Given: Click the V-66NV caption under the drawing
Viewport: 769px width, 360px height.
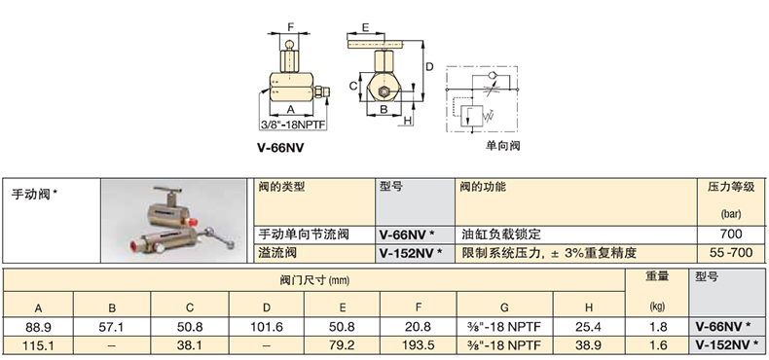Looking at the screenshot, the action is (x=280, y=147).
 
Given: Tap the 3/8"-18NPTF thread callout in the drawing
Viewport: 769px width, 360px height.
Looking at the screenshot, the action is (x=293, y=125).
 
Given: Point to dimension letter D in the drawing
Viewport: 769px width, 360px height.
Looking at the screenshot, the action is (x=429, y=66).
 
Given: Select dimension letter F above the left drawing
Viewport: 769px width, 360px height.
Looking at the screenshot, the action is (x=290, y=26).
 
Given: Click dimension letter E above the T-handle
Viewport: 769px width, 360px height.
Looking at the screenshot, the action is (x=365, y=27).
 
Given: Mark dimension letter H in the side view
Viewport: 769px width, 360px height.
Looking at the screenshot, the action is (x=408, y=121).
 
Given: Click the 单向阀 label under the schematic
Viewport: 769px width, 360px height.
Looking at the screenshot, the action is (x=502, y=145).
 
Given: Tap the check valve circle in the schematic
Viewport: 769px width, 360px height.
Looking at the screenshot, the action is (x=492, y=76).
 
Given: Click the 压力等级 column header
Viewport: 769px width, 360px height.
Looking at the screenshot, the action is (x=731, y=187).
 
